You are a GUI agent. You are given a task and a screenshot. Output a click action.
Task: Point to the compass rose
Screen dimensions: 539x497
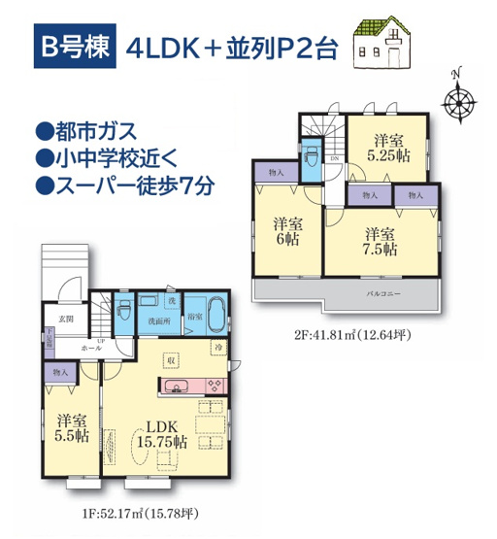[456, 98]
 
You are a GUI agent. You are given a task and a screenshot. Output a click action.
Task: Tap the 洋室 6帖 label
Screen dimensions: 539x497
[285, 230]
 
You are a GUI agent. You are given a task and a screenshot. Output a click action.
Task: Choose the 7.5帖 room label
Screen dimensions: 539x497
[379, 241]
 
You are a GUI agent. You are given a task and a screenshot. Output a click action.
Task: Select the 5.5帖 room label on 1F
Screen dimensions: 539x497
[72, 428]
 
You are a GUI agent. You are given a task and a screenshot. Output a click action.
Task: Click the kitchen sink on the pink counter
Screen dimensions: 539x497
[180, 387]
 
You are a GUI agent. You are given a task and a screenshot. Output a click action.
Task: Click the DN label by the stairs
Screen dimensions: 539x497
[335, 158]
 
